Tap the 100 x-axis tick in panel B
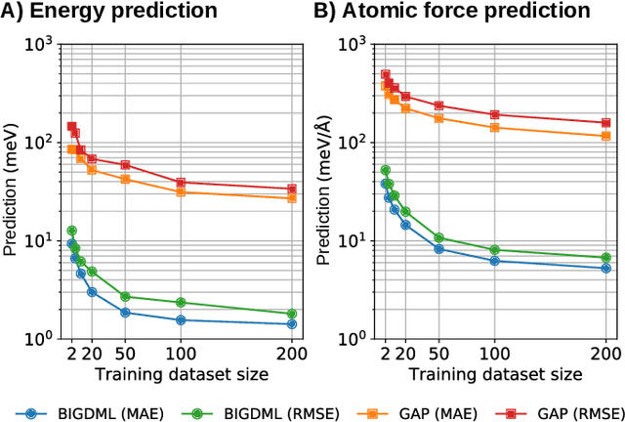click(495, 353)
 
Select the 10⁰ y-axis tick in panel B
click(357, 339)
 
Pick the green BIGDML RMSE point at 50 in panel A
click(125, 296)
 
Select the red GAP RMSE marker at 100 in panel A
click(181, 183)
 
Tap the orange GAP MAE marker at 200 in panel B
click(605, 136)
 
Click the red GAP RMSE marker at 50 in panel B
click(439, 105)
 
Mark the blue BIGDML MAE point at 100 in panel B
click(495, 261)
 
